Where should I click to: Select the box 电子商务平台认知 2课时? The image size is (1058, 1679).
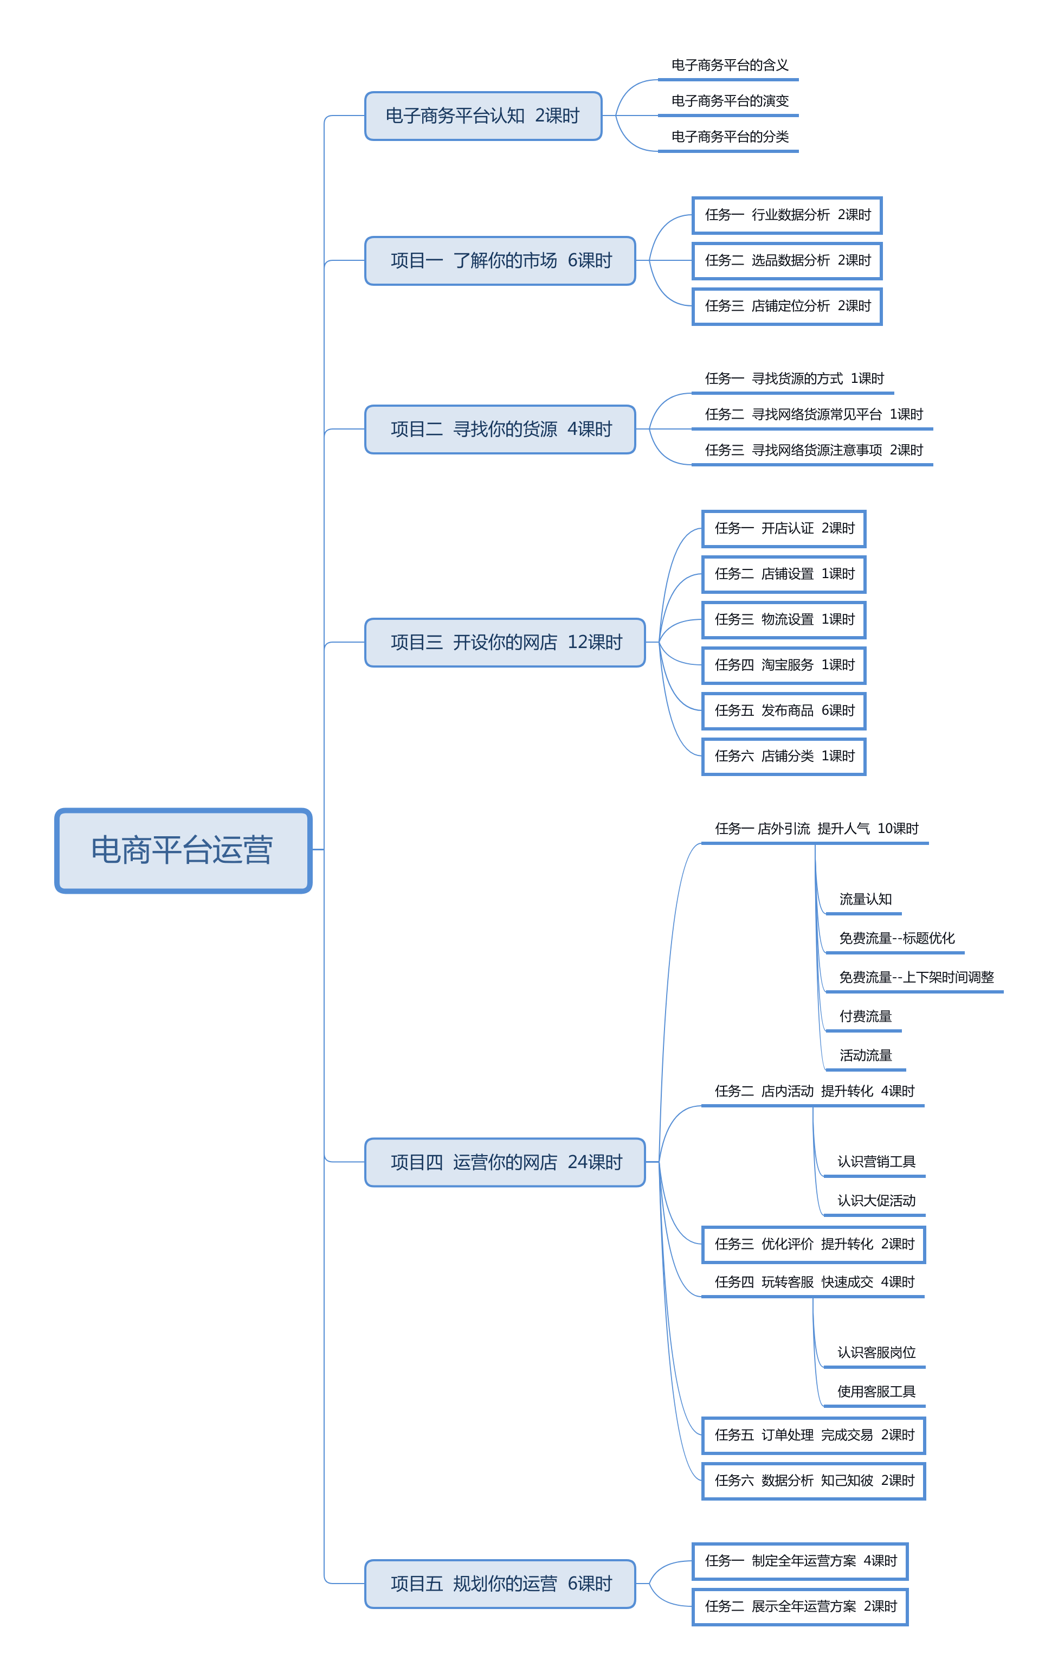pos(483,116)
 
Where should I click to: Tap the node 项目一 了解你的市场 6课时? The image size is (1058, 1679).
pos(500,261)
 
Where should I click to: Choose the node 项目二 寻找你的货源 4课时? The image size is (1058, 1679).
pos(500,430)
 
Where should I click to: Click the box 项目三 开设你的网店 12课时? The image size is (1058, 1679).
pos(505,642)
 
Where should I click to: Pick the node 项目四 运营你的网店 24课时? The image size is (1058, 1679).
pos(505,1162)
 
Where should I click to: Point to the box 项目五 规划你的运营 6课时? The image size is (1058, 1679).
pos(500,1584)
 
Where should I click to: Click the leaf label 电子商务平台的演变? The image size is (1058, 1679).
pos(730,101)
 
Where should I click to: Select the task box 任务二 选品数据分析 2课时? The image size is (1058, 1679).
pos(787,261)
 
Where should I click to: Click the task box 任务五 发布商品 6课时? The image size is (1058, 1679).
pos(783,710)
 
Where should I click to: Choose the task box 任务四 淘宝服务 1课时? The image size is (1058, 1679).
pos(783,665)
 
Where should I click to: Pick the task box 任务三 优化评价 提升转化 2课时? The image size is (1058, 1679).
pos(814,1244)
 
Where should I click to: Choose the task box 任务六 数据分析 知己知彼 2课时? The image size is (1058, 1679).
pos(814,1481)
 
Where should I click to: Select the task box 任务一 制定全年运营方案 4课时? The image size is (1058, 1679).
pos(800,1561)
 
